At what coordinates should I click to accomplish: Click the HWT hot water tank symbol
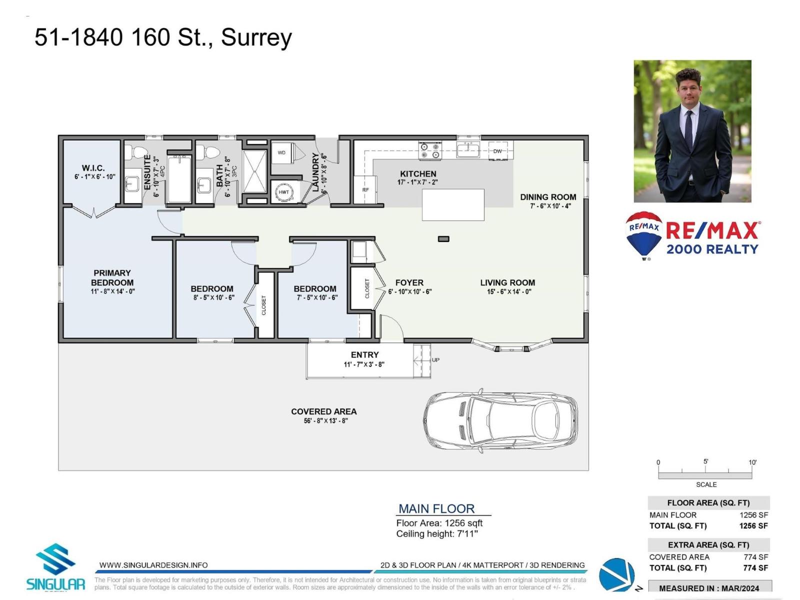tap(284, 192)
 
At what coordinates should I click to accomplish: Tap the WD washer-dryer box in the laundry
tap(282, 152)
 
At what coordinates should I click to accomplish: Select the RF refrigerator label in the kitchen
tap(365, 190)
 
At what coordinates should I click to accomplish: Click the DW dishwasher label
tap(497, 151)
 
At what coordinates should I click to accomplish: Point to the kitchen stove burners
tap(430, 150)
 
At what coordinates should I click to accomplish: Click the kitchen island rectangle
tap(453, 204)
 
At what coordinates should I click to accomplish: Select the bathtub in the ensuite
tap(179, 179)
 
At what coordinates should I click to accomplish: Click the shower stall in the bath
tap(254, 171)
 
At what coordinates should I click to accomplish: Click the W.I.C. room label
tap(93, 168)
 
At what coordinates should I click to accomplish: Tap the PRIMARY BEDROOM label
tap(112, 277)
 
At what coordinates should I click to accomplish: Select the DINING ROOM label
tap(548, 197)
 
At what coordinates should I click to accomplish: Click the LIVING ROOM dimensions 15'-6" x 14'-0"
tap(509, 291)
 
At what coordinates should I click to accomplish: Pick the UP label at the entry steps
tap(435, 360)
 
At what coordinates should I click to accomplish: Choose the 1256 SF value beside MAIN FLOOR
tap(753, 515)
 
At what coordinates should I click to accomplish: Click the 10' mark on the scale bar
tap(752, 462)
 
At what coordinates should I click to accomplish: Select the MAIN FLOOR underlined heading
tap(436, 508)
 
